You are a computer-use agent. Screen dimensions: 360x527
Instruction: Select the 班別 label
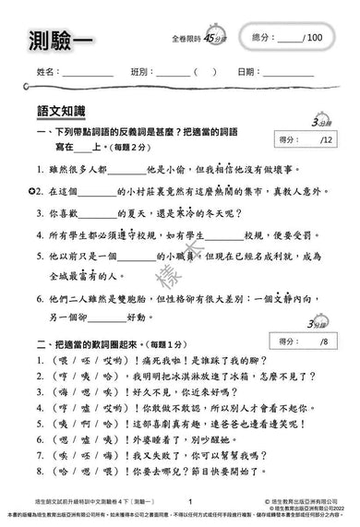click(141, 71)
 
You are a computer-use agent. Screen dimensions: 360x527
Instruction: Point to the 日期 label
click(248, 71)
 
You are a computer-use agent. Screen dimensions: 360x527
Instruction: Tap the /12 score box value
click(324, 140)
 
